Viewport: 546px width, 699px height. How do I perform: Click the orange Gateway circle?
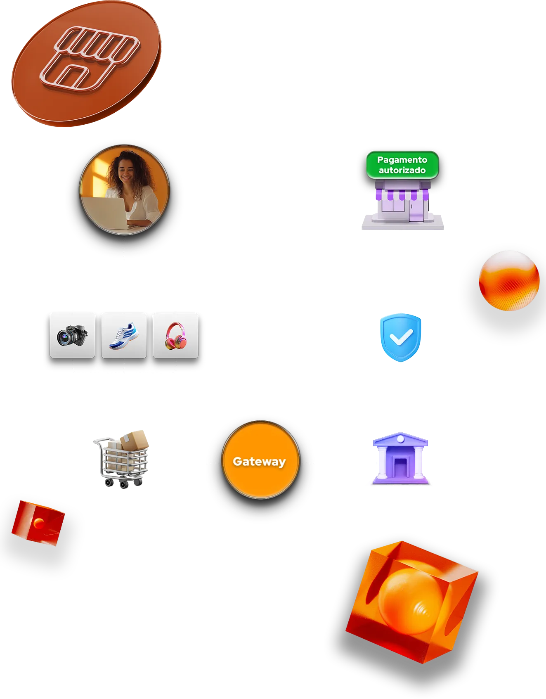tap(260, 460)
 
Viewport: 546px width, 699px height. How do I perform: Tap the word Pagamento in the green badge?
tap(402, 160)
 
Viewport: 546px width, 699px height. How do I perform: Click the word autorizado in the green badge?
tap(402, 170)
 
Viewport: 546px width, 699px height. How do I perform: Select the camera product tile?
tap(72, 335)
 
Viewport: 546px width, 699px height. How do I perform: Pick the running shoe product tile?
tap(124, 335)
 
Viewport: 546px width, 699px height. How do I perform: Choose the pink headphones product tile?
tap(175, 335)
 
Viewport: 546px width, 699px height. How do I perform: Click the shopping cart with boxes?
tap(122, 460)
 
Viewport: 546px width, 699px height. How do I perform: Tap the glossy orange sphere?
tap(509, 280)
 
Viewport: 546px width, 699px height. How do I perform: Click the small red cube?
tap(38, 523)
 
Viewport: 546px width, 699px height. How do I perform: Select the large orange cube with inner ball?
tap(412, 601)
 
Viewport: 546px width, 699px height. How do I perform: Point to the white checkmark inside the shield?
tap(401, 338)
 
